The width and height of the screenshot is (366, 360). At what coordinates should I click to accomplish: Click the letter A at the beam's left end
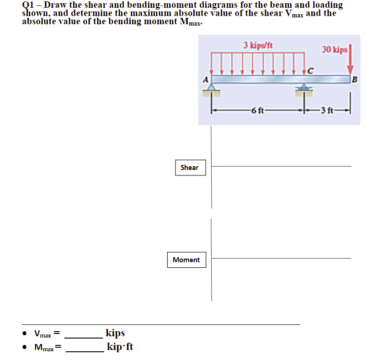tap(206, 79)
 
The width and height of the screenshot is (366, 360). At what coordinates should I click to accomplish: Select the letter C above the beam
tap(311, 70)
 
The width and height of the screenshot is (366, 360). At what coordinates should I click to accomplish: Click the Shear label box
tap(190, 168)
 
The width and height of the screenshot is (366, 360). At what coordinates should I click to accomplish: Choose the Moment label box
tap(186, 259)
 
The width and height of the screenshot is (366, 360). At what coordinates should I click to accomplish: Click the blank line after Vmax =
tap(85, 337)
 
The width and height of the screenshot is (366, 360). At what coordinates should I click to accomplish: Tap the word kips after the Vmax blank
tap(115, 333)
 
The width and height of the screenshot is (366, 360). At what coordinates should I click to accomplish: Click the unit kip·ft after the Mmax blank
tap(120, 347)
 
